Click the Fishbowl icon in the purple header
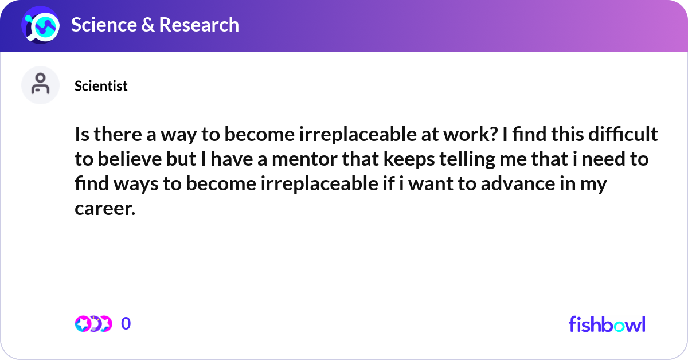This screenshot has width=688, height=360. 40,25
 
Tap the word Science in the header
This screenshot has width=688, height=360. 104,25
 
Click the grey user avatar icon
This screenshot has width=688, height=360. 40,85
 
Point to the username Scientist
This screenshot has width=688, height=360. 101,86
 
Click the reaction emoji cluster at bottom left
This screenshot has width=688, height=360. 93,324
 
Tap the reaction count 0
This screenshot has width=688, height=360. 126,324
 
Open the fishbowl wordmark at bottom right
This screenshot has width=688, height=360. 607,324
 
